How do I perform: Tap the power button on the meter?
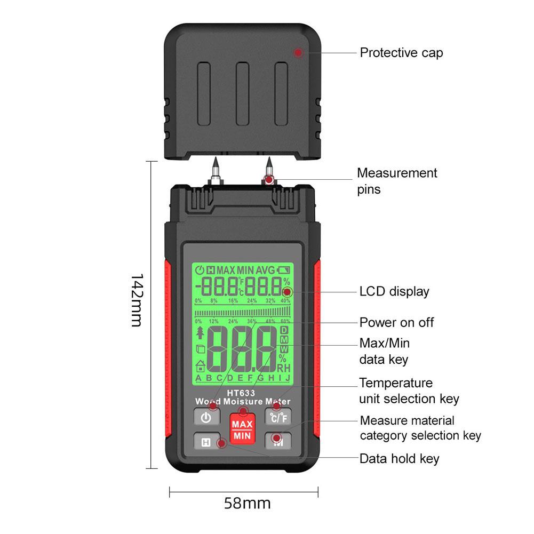point(206,417)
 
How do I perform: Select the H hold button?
point(206,442)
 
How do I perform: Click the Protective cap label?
point(401,53)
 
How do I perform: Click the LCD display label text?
point(394,291)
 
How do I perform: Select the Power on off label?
point(396,322)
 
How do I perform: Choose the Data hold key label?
point(399,458)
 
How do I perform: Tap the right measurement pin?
point(269,171)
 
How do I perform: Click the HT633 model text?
point(242,393)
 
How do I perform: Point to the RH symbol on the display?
point(283,367)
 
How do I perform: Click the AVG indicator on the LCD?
point(267,269)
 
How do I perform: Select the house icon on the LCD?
point(201,365)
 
